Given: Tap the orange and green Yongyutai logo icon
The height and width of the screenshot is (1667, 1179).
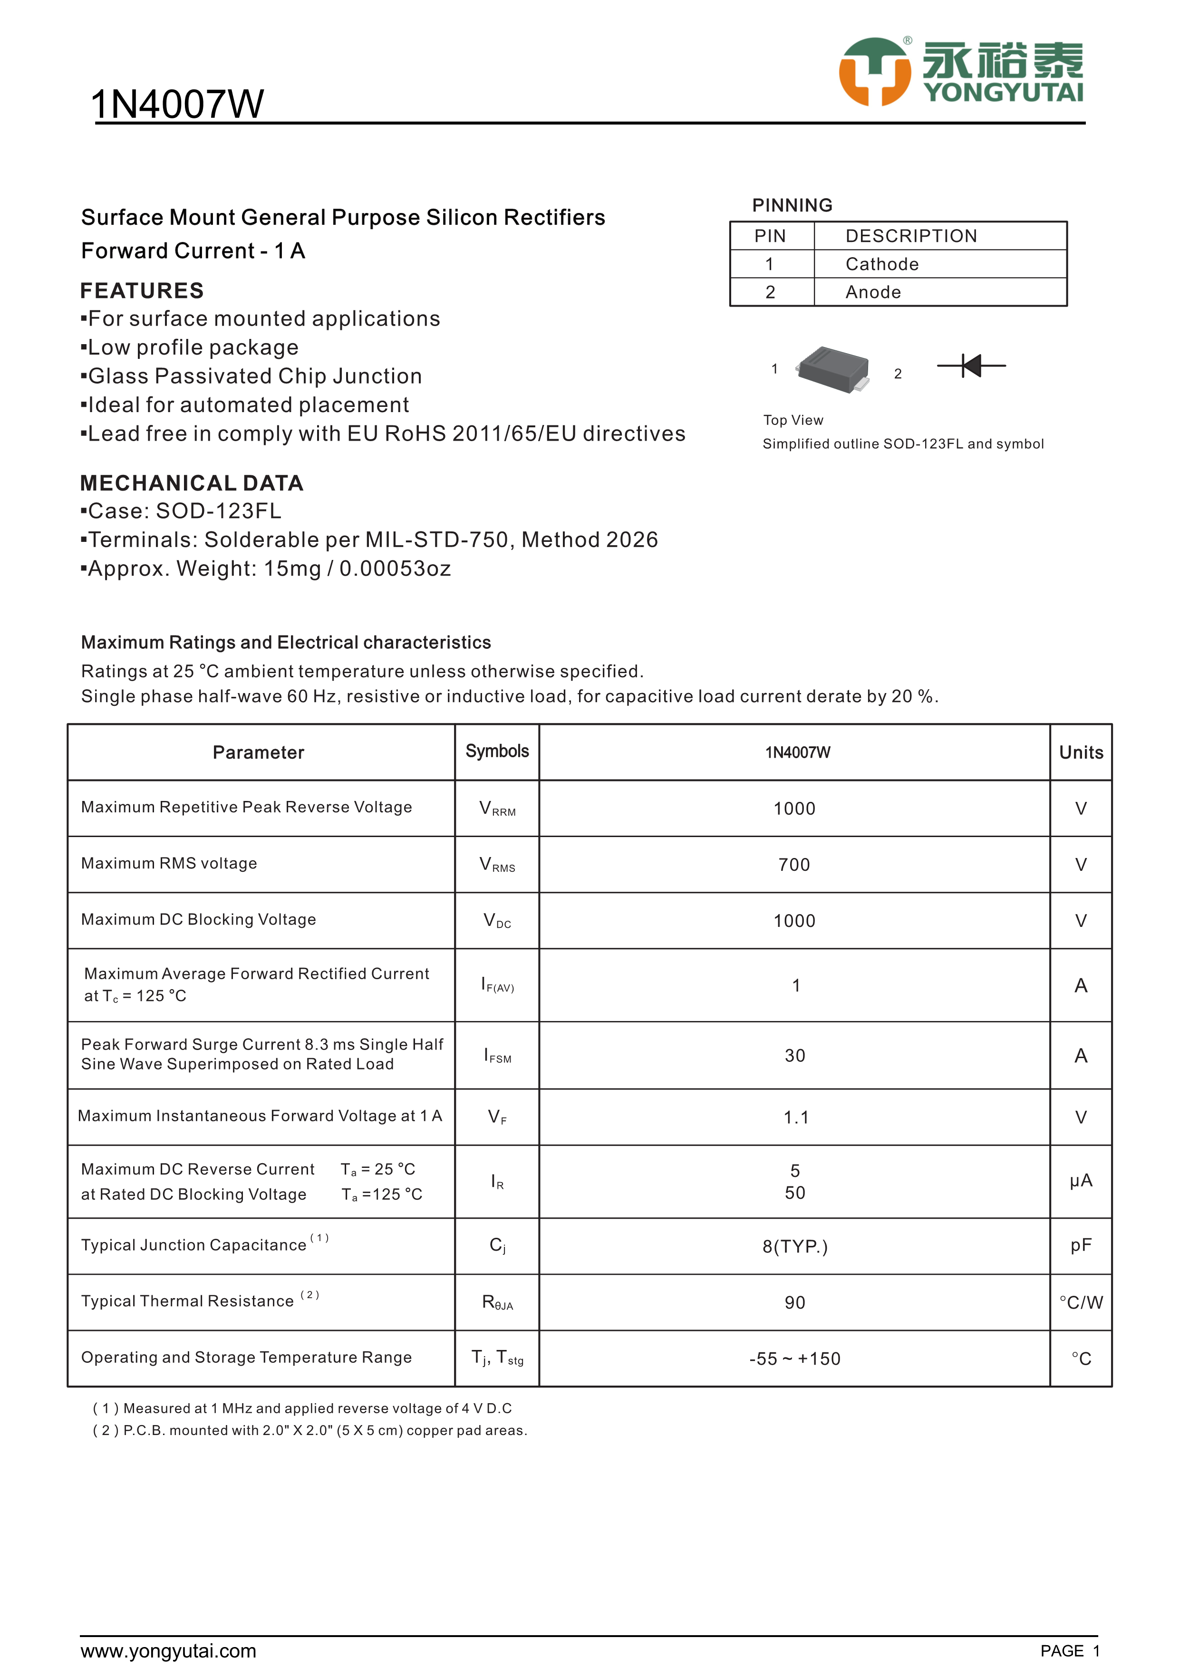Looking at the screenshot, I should click(874, 72).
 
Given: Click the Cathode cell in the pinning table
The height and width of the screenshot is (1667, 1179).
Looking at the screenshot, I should click(881, 264).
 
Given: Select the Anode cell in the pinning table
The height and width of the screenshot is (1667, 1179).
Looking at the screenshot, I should click(873, 292).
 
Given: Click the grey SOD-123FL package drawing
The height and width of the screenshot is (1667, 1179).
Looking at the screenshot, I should click(833, 369).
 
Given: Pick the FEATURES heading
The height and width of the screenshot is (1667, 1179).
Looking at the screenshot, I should click(142, 290).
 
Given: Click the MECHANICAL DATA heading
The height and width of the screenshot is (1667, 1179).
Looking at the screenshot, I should click(192, 483).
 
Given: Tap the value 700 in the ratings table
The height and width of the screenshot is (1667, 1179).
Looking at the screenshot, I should click(794, 865).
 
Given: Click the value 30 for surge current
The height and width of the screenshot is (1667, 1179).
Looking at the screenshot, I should click(795, 1056).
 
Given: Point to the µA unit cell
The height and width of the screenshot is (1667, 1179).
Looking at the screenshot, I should click(1080, 1181).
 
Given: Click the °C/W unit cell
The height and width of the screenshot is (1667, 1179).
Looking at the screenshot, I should click(1080, 1302).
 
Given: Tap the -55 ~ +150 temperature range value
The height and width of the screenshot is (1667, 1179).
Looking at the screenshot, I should click(795, 1359).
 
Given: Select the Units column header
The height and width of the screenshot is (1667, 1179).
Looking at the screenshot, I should click(1080, 752).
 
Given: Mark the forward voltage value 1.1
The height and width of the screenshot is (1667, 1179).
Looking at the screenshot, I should click(796, 1118).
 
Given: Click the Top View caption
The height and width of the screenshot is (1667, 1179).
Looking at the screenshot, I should click(793, 420).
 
